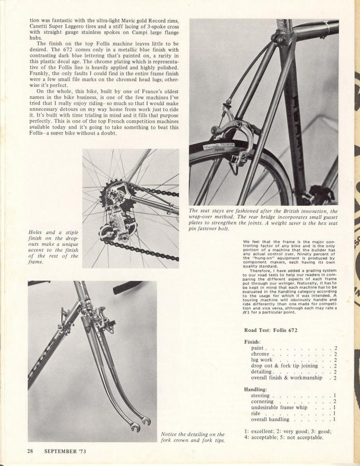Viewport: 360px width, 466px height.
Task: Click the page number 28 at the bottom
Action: coord(31,450)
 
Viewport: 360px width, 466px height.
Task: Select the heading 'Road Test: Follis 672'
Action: coord(278,330)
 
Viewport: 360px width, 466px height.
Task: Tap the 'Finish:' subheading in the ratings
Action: coord(252,342)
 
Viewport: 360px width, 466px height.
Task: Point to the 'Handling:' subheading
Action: coord(255,389)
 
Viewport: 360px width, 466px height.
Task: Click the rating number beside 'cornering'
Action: coord(335,401)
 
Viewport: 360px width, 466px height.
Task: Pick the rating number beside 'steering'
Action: coord(335,396)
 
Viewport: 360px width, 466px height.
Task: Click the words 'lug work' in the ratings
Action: coord(262,360)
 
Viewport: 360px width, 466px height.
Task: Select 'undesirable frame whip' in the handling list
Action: coord(279,407)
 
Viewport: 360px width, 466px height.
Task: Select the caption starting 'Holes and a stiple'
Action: coord(54,247)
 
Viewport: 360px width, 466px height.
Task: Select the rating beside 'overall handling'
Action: coord(335,419)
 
